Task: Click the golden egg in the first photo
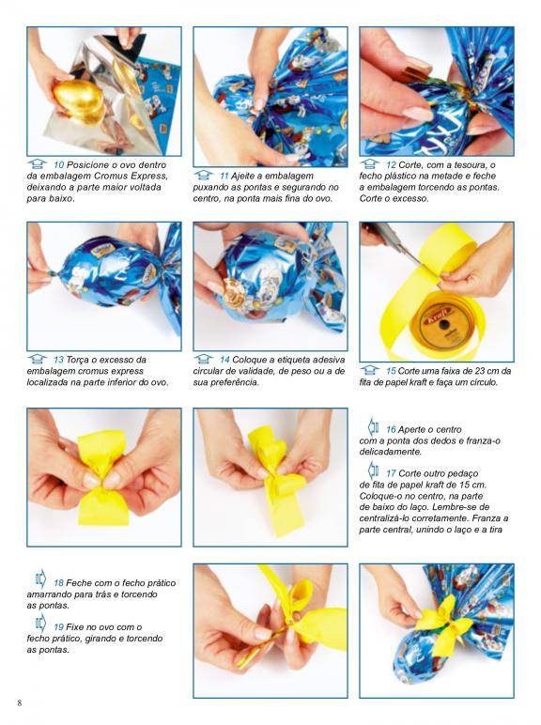pyautogui.click(x=79, y=101)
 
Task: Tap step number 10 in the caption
pyautogui.click(x=59, y=164)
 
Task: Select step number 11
pyautogui.click(x=224, y=176)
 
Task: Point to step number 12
pyautogui.click(x=391, y=164)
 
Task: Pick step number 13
pyautogui.click(x=59, y=360)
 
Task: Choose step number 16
pyautogui.click(x=391, y=429)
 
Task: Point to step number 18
pyautogui.click(x=59, y=583)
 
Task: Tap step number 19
pyautogui.click(x=59, y=627)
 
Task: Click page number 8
pyautogui.click(x=20, y=703)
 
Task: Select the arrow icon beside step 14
pyautogui.click(x=204, y=359)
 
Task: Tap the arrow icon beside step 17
pyautogui.click(x=373, y=470)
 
